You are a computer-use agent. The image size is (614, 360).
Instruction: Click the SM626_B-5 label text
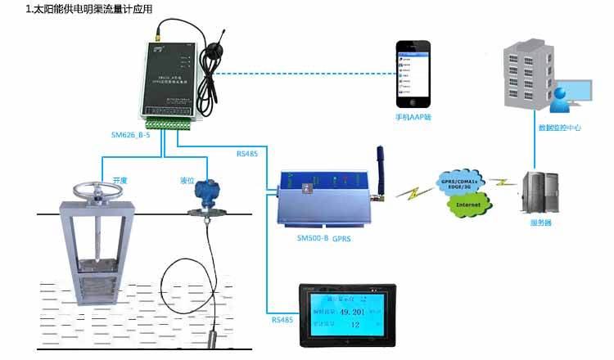point(130,134)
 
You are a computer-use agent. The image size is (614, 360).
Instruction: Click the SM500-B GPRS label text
point(323,238)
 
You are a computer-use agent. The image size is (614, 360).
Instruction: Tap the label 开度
point(120,181)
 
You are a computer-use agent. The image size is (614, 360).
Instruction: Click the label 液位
point(187,181)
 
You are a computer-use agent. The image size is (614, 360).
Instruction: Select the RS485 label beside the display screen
point(282,320)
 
